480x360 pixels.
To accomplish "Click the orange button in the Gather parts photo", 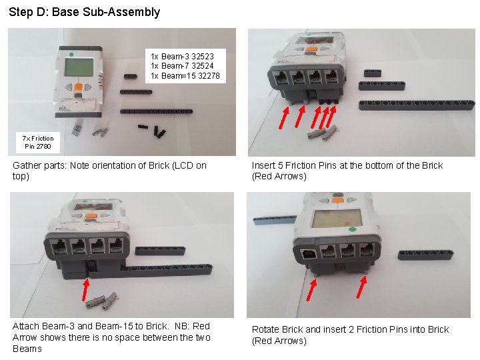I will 78,87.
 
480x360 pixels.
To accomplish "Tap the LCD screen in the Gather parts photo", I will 77,67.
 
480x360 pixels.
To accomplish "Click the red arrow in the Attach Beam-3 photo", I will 85,289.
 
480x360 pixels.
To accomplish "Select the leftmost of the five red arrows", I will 283,117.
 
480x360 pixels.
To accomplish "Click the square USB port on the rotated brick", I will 307,254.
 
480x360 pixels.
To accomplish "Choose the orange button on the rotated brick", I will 337,197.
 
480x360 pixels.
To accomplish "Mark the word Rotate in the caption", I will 266,329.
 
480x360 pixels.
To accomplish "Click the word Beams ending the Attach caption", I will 27,349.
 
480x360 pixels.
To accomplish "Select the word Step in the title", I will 21,11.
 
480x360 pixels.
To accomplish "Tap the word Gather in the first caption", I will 28,165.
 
